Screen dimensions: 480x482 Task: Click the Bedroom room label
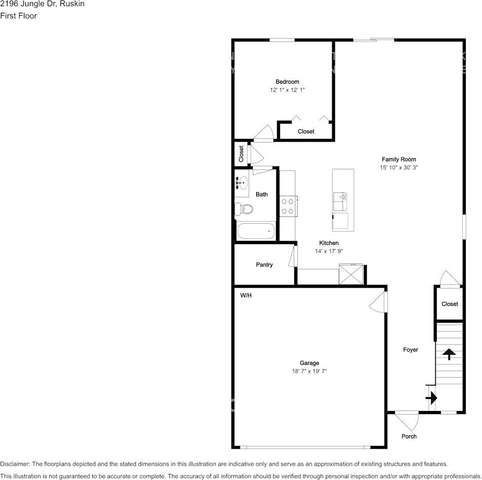287,82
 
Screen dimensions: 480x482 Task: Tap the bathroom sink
243,182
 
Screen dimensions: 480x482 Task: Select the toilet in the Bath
245,209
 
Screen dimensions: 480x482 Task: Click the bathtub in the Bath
256,231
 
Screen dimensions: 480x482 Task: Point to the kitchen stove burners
288,207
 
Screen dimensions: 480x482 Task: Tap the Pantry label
264,265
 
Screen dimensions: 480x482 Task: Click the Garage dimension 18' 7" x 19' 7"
309,371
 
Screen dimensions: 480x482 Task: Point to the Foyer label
410,350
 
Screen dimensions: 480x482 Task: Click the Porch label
409,436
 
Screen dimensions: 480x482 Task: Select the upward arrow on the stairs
449,354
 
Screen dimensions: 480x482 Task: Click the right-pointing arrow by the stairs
431,398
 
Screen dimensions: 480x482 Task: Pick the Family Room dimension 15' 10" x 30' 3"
399,167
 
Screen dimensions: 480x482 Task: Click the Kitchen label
329,243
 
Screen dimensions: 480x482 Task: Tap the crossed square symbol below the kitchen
351,275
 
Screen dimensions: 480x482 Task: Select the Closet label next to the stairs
450,304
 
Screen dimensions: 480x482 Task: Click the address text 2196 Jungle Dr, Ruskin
42,4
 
